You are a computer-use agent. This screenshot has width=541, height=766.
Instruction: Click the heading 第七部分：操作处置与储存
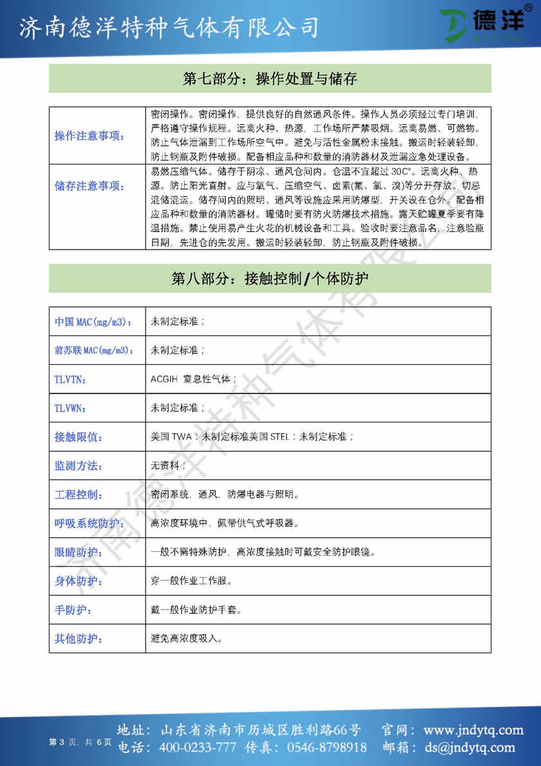pos(270,79)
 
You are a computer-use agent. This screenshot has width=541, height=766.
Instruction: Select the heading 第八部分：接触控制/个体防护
pos(270,279)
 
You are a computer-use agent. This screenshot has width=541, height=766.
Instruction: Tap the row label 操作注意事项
pos(90,135)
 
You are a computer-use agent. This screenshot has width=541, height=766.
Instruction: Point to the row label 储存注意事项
pos(90,186)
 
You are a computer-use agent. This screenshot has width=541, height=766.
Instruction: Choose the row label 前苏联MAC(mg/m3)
pos(94,350)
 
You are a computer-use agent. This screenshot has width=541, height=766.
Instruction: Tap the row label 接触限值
pos(79,437)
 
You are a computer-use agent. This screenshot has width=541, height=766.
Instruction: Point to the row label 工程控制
pos(79,495)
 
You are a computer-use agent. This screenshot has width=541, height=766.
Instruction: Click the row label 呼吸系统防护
pos(88,524)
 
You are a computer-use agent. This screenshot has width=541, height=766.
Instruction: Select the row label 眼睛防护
pos(79,552)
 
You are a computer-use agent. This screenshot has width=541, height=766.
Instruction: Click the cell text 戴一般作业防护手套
pos(196,609)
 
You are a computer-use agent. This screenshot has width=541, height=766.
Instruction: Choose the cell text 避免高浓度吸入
pos(187,638)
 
